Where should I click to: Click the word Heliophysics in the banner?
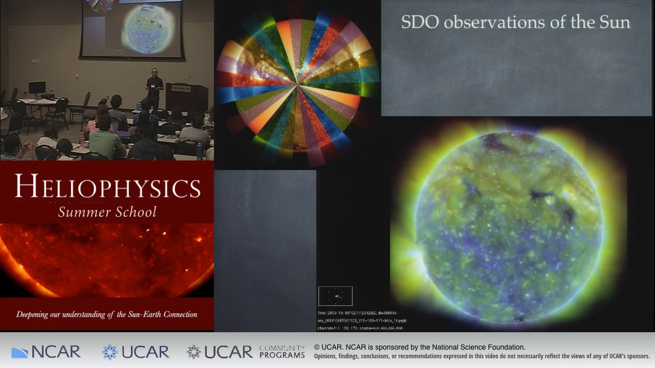pos(107,187)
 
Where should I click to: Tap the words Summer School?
pos(107,212)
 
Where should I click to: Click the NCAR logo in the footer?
pos(46,352)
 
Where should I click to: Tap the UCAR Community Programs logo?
pos(246,352)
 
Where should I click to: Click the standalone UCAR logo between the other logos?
pos(136,352)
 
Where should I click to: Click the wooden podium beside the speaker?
pos(187,97)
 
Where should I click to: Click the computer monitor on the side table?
pos(37,88)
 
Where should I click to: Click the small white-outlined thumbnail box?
pos(335,296)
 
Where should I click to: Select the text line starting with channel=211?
pos(361,327)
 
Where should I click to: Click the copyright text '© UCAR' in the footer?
pos(327,348)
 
